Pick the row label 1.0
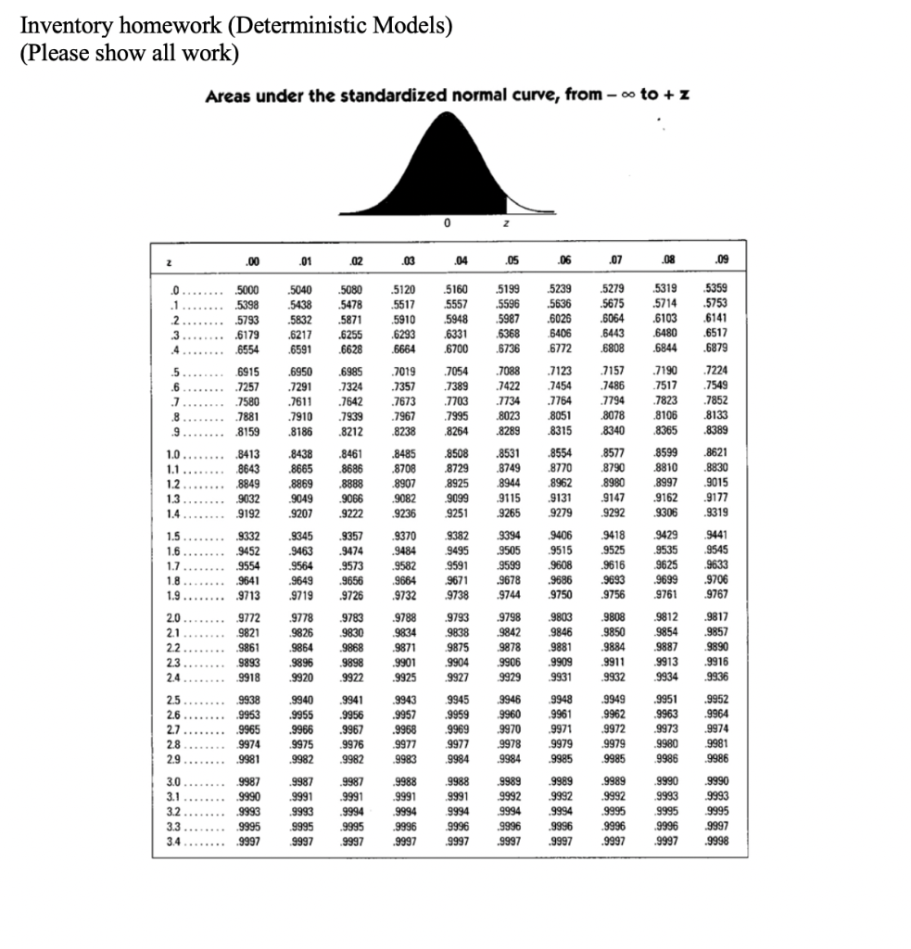coord(172,454)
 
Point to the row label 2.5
coord(172,700)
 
